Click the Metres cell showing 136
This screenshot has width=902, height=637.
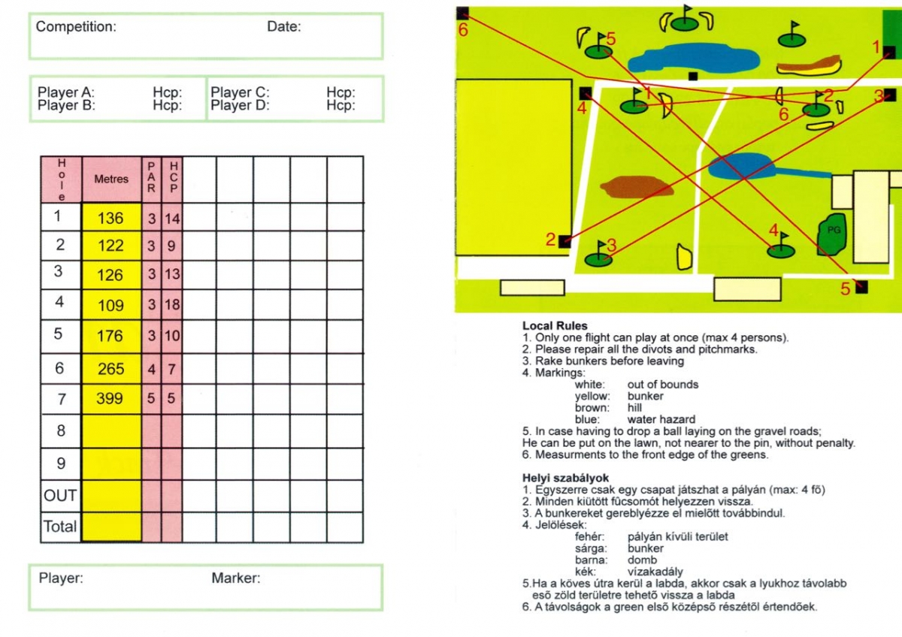pyautogui.click(x=110, y=219)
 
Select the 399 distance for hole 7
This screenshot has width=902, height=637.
pyautogui.click(x=110, y=398)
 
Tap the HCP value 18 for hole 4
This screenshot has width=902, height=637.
pyautogui.click(x=172, y=304)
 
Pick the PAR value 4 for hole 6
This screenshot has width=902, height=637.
pyautogui.click(x=151, y=368)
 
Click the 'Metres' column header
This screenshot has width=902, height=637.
pyautogui.click(x=111, y=180)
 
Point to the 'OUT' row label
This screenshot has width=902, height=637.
pyautogui.click(x=60, y=496)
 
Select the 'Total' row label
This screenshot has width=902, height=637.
pyautogui.click(x=60, y=527)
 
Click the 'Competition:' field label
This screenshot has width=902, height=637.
pyautogui.click(x=76, y=27)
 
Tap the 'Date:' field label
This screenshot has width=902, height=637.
pyautogui.click(x=283, y=27)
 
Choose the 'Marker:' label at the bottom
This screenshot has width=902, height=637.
pyautogui.click(x=235, y=578)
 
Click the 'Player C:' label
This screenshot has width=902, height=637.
pyautogui.click(x=240, y=92)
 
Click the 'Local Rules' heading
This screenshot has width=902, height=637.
pyautogui.click(x=555, y=326)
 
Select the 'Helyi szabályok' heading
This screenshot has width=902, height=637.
pyautogui.click(x=565, y=478)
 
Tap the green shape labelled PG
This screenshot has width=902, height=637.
pyautogui.click(x=832, y=234)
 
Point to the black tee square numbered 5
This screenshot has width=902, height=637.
pyautogui.click(x=861, y=287)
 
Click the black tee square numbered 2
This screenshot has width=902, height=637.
pyautogui.click(x=565, y=241)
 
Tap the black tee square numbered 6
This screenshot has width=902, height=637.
pyautogui.click(x=462, y=13)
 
